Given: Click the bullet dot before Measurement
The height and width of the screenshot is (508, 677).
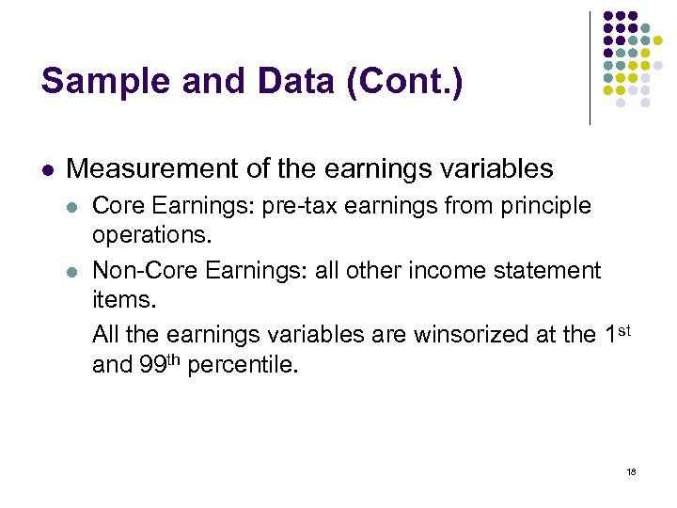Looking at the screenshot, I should click(x=47, y=170).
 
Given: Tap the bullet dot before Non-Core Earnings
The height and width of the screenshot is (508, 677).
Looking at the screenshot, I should click(x=72, y=271).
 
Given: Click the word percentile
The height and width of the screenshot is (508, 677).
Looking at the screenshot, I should click(x=244, y=364).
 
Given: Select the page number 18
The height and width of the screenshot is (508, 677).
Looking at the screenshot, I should click(x=631, y=471).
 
